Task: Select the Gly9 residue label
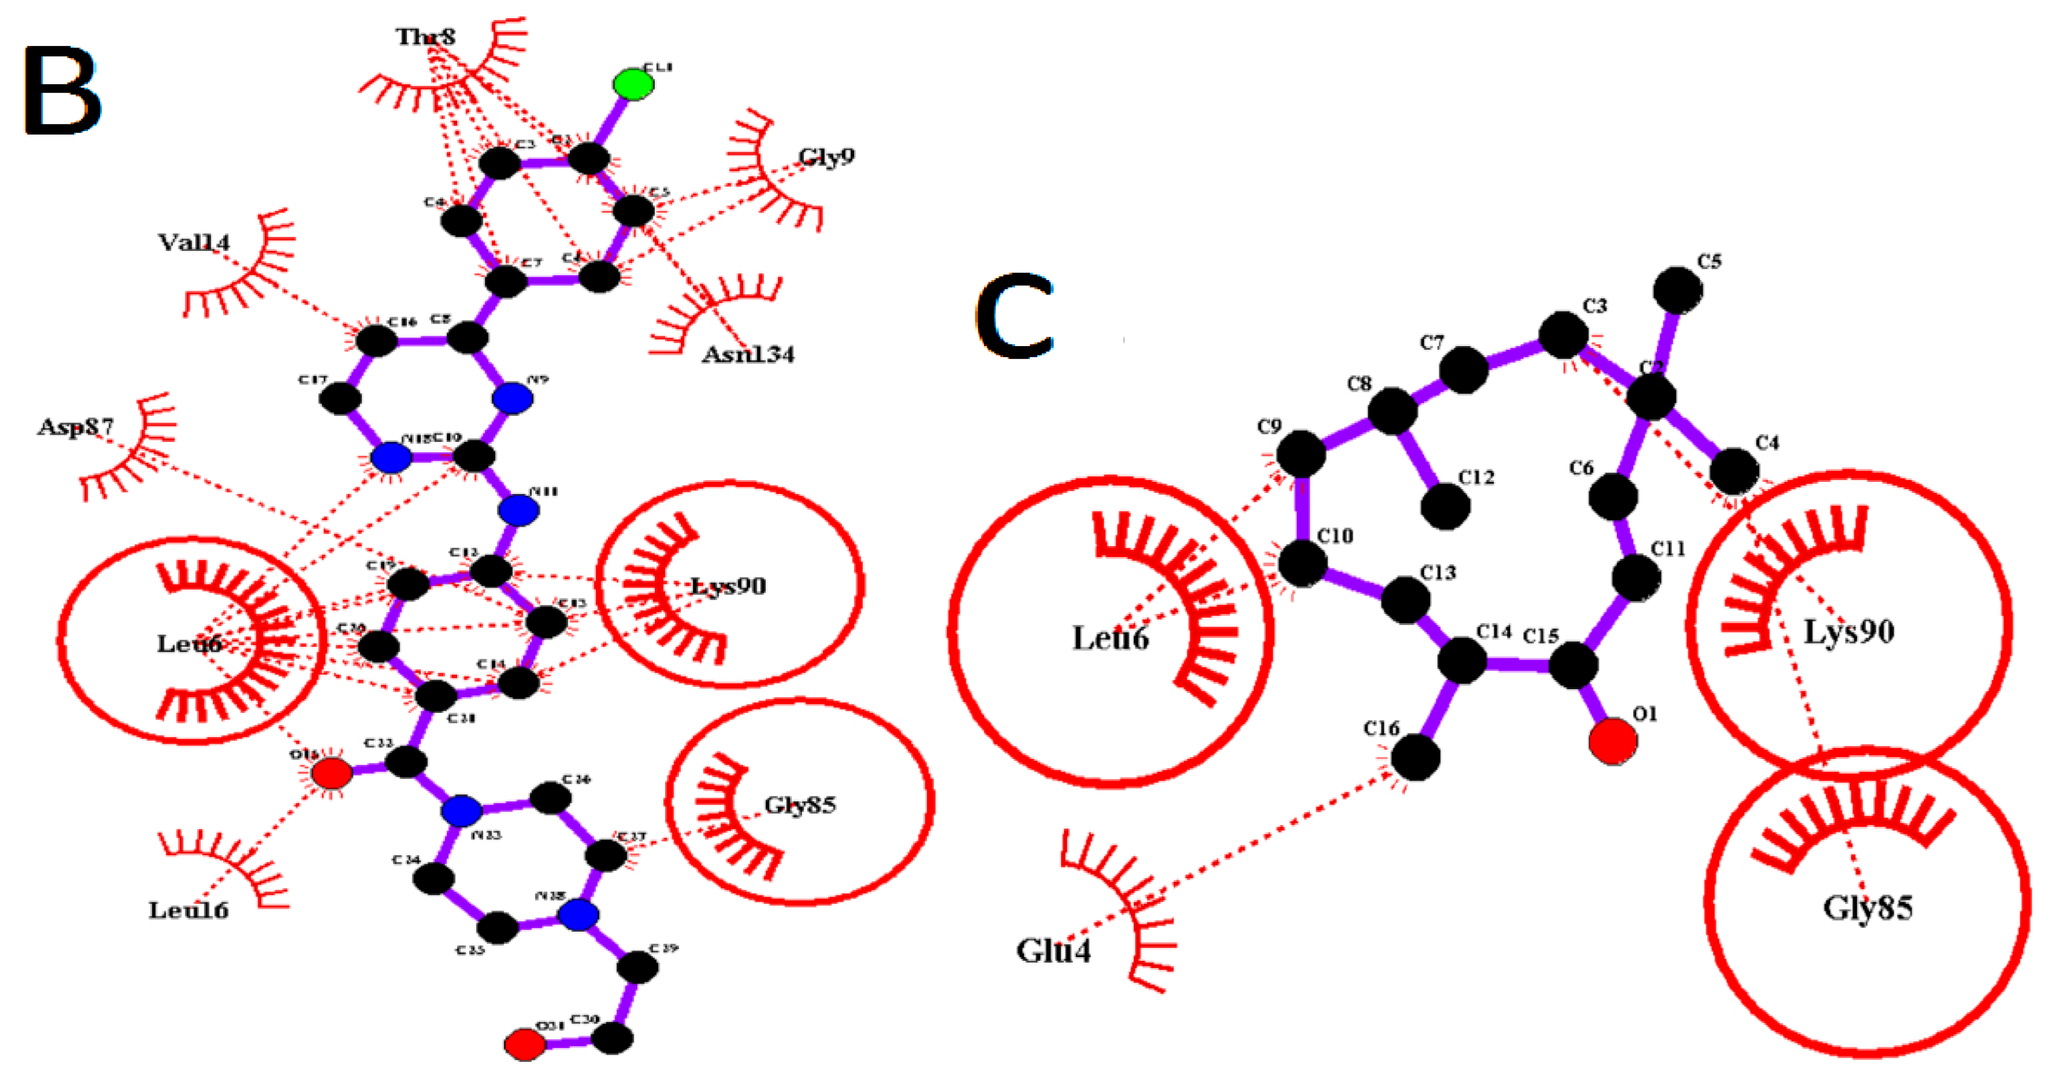pyautogui.click(x=826, y=156)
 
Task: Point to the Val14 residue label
pyautogui.click(x=194, y=242)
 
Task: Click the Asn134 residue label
pyautogui.click(x=748, y=354)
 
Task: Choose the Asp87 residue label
pyautogui.click(x=76, y=427)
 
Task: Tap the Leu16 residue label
pyautogui.click(x=188, y=910)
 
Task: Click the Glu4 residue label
pyautogui.click(x=1052, y=950)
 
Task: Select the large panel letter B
pyautogui.click(x=62, y=90)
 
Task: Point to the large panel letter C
pyautogui.click(x=1015, y=316)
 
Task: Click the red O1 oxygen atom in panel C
pyautogui.click(x=1612, y=741)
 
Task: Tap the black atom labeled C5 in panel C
pyautogui.click(x=1678, y=289)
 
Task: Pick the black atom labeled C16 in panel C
pyautogui.click(x=1416, y=756)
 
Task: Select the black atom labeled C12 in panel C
pyautogui.click(x=1445, y=506)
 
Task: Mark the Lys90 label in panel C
pyautogui.click(x=1848, y=632)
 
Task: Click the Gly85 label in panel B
pyautogui.click(x=800, y=805)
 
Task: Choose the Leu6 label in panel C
pyautogui.click(x=1110, y=638)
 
